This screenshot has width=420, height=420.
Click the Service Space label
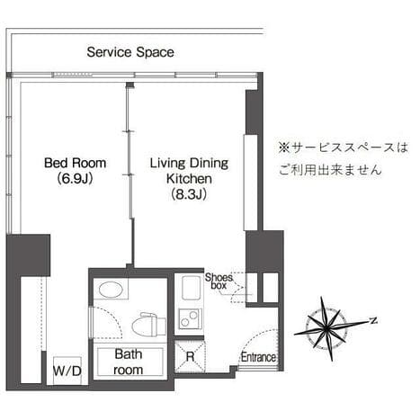130,52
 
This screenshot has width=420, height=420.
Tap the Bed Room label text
76,163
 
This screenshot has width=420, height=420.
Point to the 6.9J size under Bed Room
75,179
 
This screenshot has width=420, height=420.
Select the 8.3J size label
189,194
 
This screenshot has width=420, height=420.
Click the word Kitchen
189,179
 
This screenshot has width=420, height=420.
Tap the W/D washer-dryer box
67,371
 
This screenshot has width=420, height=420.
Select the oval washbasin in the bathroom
111,290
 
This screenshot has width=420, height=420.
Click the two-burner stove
190,319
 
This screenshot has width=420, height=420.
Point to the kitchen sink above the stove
191,288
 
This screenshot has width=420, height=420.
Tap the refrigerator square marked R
190,356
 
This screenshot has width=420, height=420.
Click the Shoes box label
219,281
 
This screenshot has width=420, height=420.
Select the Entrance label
258,357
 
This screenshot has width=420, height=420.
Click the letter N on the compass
373,320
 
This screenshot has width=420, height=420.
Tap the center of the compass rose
326,329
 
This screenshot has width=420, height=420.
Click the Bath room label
129,362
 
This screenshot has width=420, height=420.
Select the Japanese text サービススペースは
344,147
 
